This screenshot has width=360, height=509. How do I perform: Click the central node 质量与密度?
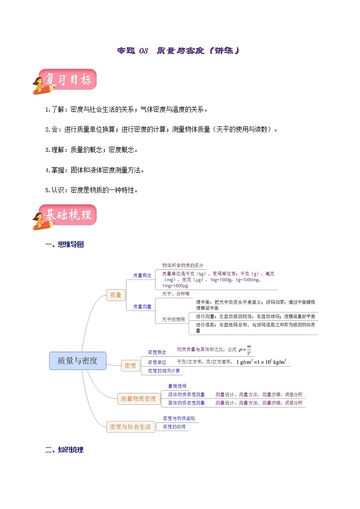[78, 361]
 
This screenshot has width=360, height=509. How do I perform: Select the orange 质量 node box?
[116, 295]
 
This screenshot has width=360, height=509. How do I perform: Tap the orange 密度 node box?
[130, 365]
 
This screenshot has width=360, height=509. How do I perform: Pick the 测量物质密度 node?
[138, 399]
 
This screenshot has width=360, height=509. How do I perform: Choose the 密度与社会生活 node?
[131, 427]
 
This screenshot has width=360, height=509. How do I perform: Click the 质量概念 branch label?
[142, 275]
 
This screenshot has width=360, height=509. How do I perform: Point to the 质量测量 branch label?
[142, 307]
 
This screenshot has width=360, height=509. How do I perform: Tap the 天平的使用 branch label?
[173, 320]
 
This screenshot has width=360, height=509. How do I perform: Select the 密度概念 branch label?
[157, 352]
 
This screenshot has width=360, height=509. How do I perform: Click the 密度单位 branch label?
[157, 362]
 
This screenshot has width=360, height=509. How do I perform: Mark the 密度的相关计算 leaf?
[164, 371]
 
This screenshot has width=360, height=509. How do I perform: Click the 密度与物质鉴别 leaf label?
[178, 418]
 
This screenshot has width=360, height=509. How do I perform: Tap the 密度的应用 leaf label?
[174, 427]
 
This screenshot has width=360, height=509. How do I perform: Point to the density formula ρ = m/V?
[245, 349]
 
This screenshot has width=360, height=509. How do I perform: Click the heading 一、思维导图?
[65, 245]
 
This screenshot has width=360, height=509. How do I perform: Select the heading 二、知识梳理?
[65, 450]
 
